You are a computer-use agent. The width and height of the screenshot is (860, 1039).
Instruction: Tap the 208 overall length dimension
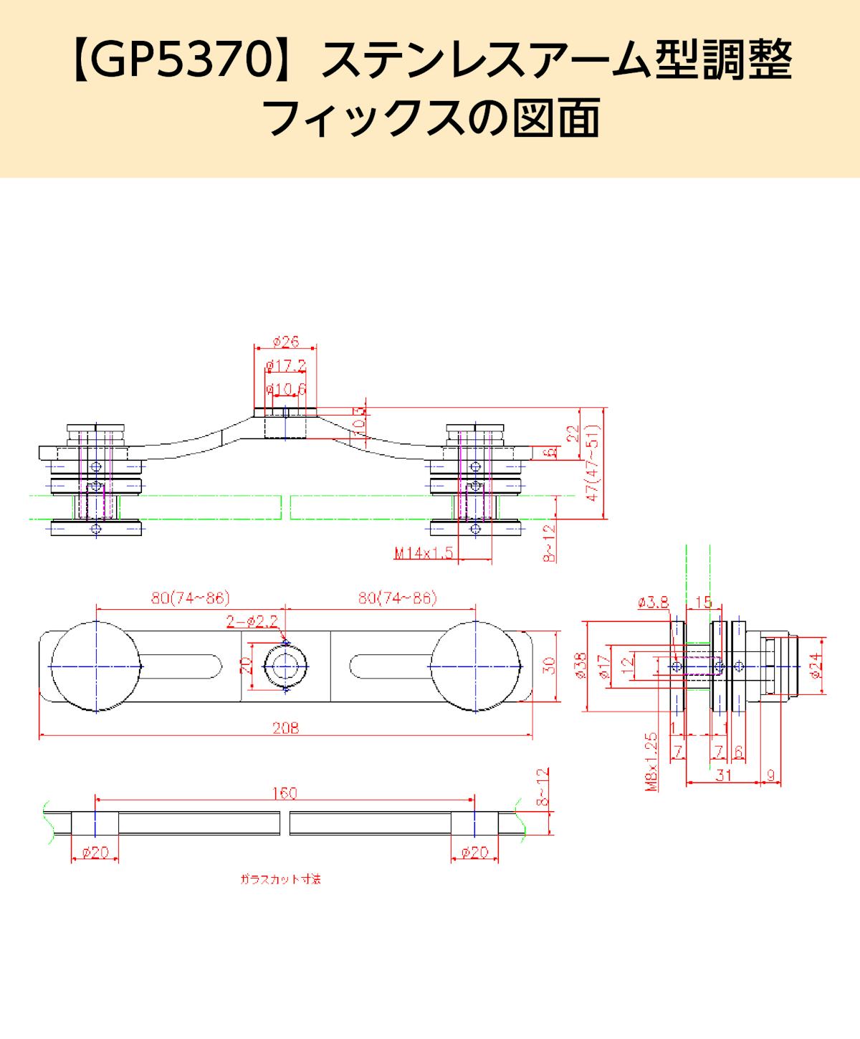[x=286, y=727]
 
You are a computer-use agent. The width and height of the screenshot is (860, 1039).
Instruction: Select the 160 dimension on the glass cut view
[x=285, y=793]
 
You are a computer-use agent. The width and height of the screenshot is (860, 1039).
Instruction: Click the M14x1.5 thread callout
[x=424, y=552]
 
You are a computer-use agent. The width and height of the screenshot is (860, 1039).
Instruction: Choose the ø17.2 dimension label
[x=286, y=366]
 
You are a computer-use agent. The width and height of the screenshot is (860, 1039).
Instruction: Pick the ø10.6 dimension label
[x=286, y=389]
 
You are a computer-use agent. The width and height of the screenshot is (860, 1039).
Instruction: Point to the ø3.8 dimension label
[x=653, y=603]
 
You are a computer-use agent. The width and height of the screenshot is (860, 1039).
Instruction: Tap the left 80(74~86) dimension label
[x=190, y=598]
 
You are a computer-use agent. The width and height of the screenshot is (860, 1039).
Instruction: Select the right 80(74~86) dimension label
[x=398, y=598]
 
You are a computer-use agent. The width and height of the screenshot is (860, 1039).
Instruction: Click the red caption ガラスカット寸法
[x=280, y=878]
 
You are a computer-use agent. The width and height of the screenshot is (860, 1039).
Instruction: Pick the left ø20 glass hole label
[x=95, y=852]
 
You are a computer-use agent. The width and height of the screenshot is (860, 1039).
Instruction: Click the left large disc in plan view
[x=95, y=666]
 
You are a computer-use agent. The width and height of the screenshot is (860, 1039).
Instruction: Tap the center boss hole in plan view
[x=286, y=666]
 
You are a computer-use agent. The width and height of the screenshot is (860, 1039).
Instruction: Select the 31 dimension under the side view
[x=722, y=775]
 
